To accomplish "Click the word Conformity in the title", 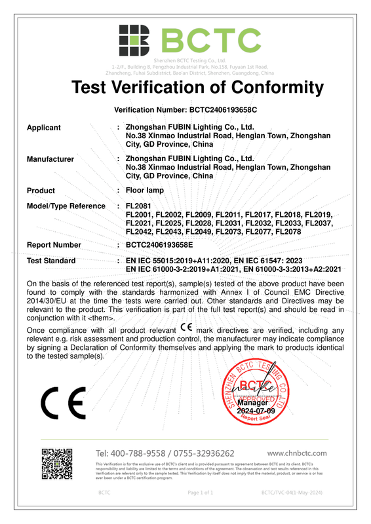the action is pyautogui.click(x=267, y=87).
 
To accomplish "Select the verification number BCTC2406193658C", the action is pyautogui.click(x=223, y=111).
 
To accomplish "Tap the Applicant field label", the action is pyautogui.click(x=43, y=128).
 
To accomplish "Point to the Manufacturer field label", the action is pyautogui.click(x=50, y=159).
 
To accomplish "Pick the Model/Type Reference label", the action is pyautogui.click(x=66, y=206).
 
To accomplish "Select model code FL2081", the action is pyautogui.click(x=138, y=206).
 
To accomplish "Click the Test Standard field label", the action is pyautogui.click(x=51, y=261).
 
